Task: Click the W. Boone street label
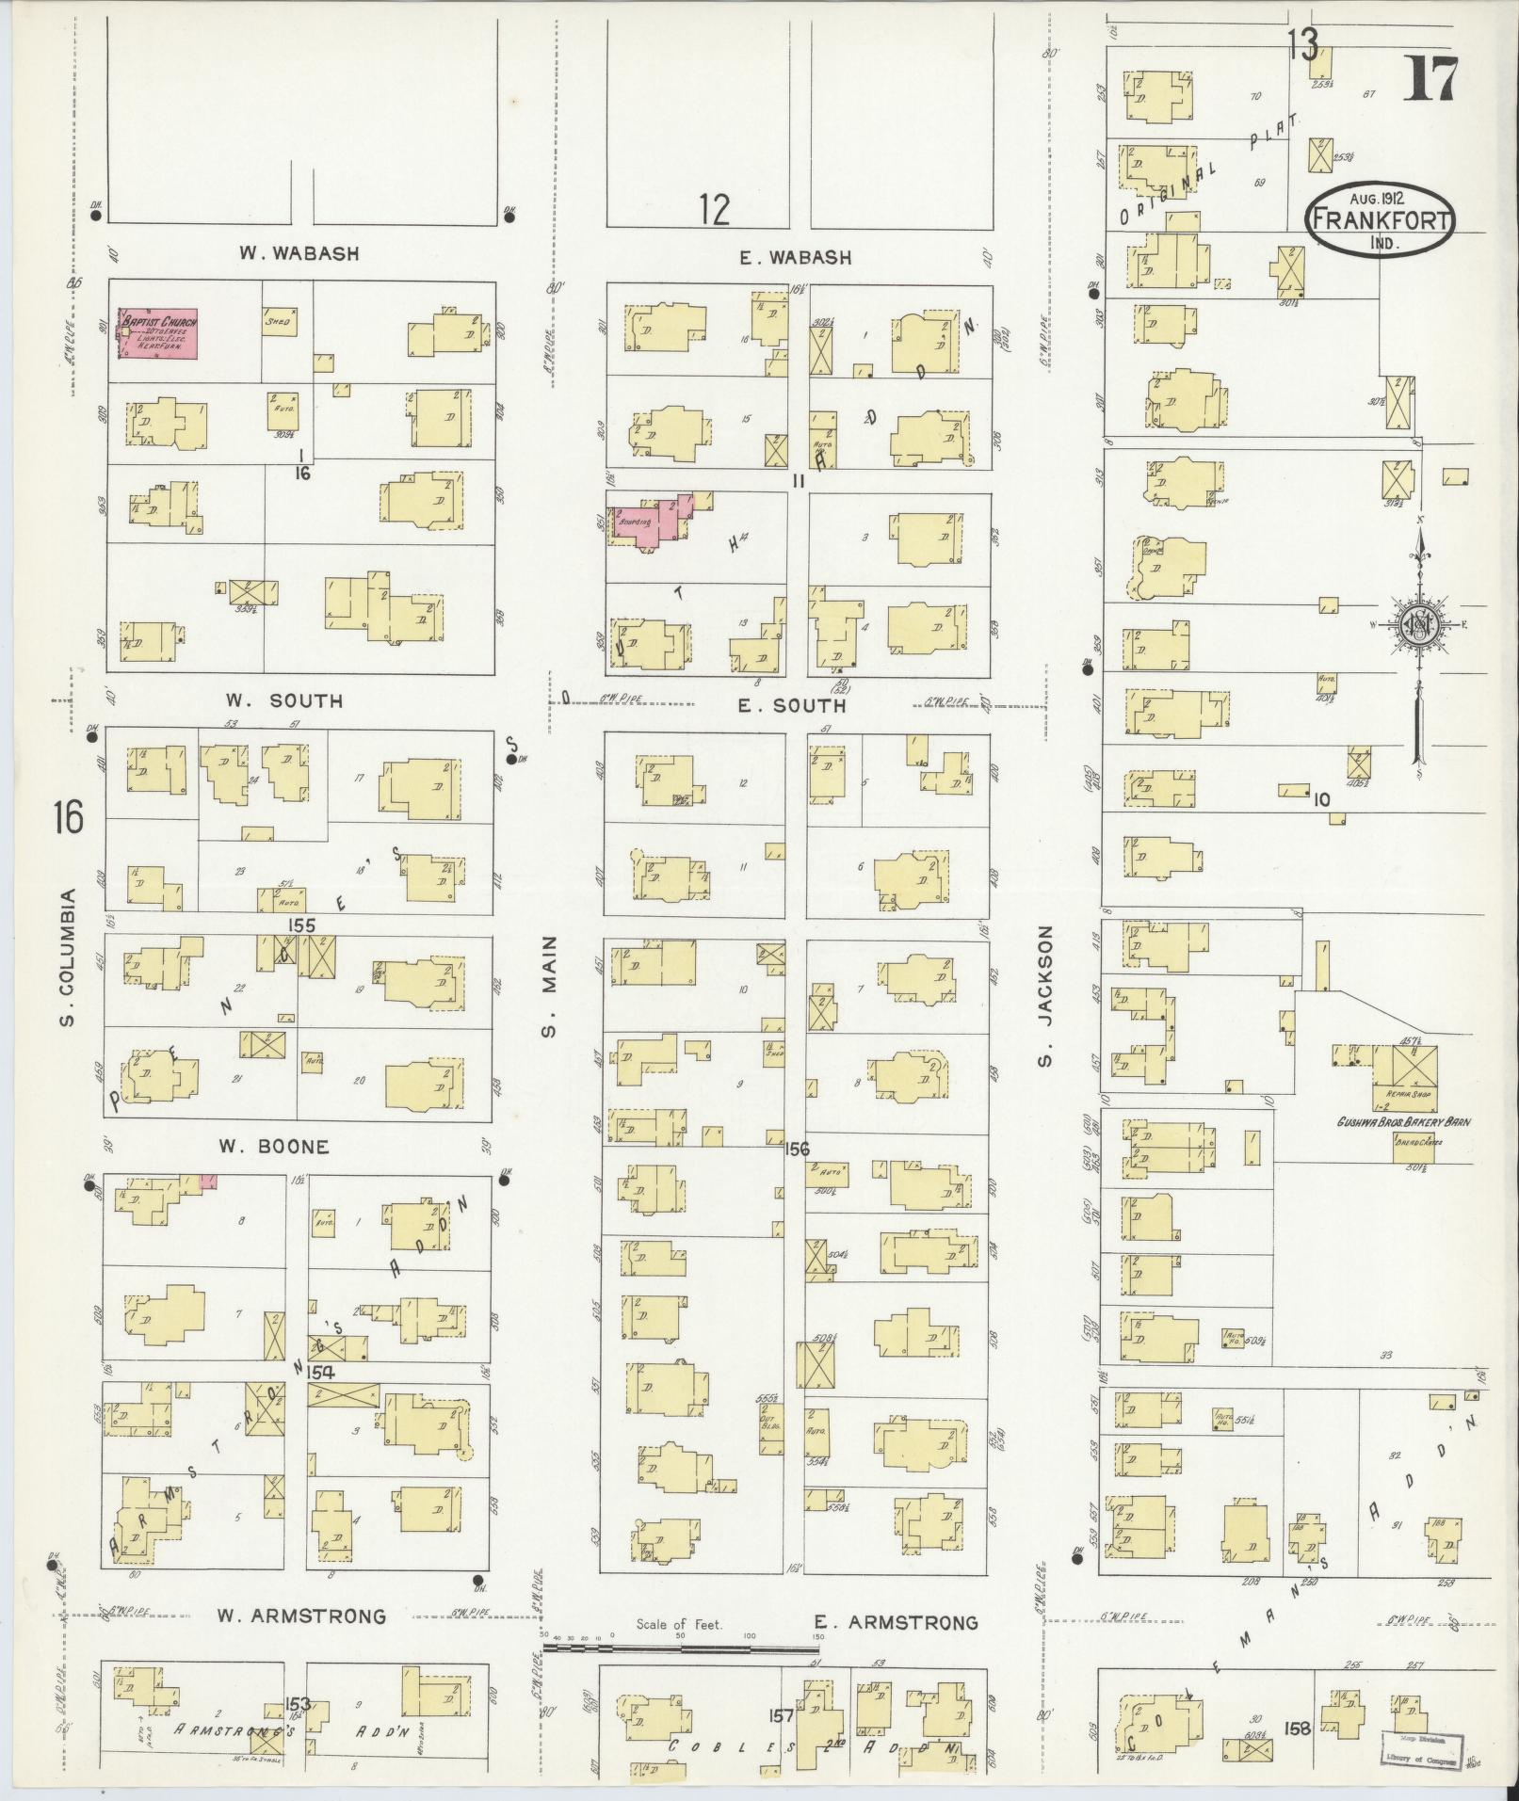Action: click(x=274, y=1147)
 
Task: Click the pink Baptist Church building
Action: click(x=157, y=333)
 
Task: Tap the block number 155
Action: click(x=301, y=925)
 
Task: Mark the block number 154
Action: click(x=320, y=1373)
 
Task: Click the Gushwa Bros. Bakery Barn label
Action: click(x=1404, y=1122)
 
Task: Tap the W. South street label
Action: click(x=283, y=701)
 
